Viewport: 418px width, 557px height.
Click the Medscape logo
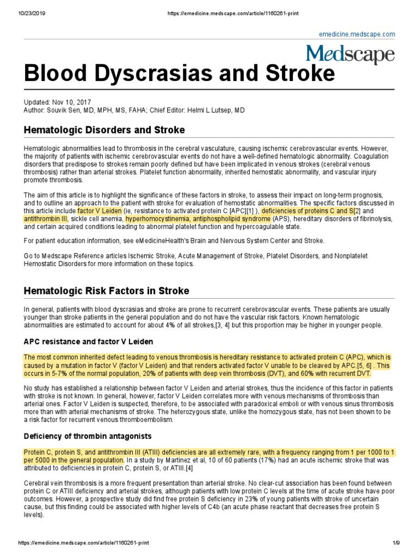(350, 55)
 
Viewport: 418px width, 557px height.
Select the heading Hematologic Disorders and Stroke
(104, 130)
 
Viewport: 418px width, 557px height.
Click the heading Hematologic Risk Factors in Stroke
(107, 290)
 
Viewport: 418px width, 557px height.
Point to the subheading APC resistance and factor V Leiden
(88, 342)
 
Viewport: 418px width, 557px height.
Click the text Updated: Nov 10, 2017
(58, 102)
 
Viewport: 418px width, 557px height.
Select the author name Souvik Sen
(67, 110)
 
